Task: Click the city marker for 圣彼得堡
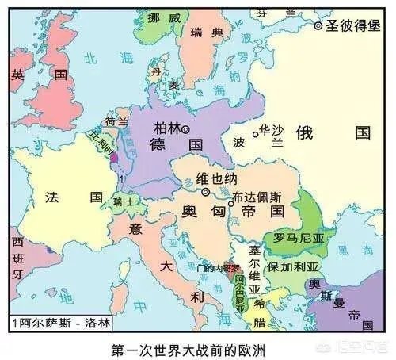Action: (318, 26)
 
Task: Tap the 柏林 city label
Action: (166, 128)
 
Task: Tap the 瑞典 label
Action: (207, 33)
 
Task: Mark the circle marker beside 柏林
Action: (186, 128)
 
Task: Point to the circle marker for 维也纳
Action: (204, 191)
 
